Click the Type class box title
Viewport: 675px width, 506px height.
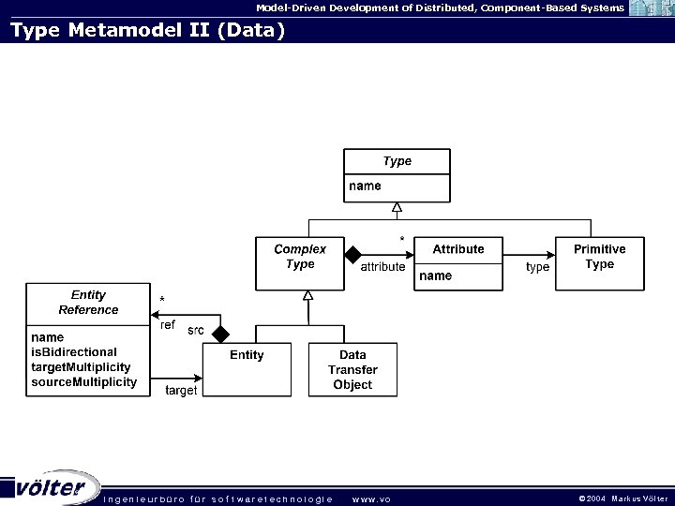[x=397, y=161]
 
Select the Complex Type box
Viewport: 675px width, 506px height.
[x=300, y=262]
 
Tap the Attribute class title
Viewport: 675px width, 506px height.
[x=458, y=249]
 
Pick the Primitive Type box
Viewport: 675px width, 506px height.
[x=599, y=262]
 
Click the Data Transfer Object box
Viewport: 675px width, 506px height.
[x=352, y=369]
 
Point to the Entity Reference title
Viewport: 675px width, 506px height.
[x=88, y=303]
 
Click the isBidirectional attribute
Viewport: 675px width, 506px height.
[x=74, y=352]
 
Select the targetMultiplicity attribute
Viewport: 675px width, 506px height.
[x=81, y=367]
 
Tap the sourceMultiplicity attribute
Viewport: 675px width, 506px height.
[x=83, y=382]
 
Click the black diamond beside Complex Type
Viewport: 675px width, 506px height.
[x=352, y=253]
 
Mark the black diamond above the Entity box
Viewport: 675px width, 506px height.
[x=220, y=334]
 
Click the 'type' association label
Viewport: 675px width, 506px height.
[x=537, y=267]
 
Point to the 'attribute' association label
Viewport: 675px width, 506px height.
[x=382, y=267]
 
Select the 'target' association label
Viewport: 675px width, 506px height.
[x=181, y=390]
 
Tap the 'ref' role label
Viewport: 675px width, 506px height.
[x=168, y=325]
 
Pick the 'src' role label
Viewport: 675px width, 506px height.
[x=196, y=331]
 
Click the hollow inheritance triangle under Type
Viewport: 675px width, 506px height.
[x=397, y=207]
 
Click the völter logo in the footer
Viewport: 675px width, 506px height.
[x=52, y=487]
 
